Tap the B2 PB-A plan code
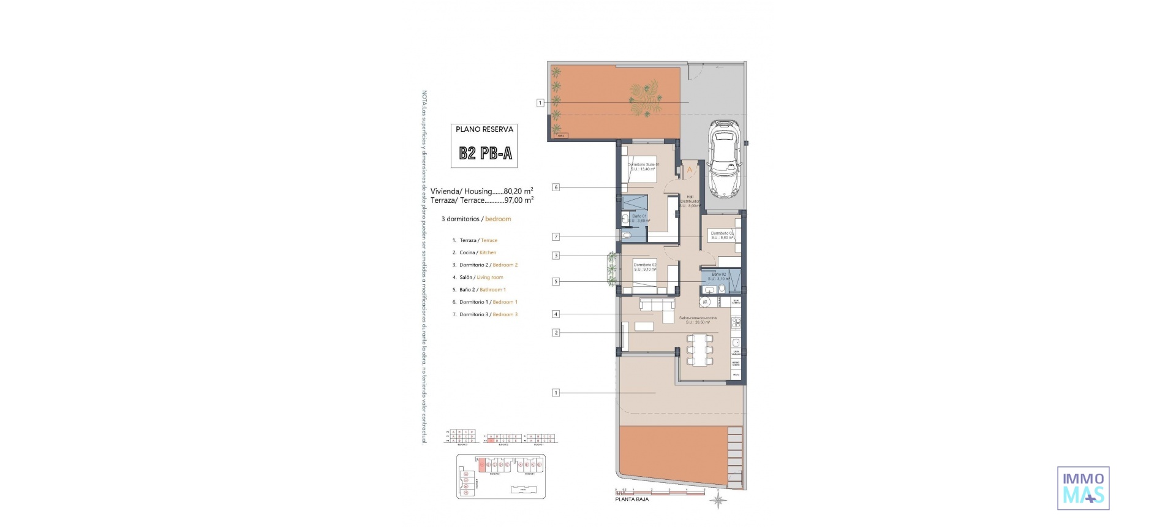click(485, 153)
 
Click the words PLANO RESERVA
click(484, 129)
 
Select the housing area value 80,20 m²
click(518, 191)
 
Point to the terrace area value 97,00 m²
click(518, 200)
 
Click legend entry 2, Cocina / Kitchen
click(477, 252)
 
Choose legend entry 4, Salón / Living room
click(481, 277)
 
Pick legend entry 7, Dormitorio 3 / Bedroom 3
click(488, 314)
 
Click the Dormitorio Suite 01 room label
click(643, 167)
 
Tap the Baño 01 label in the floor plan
click(639, 218)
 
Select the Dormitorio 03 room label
click(722, 235)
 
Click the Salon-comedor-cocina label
click(698, 320)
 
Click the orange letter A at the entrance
click(689, 170)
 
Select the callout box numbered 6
click(556, 187)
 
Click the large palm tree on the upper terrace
click(646, 99)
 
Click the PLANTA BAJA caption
click(631, 499)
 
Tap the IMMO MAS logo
click(1083, 488)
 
